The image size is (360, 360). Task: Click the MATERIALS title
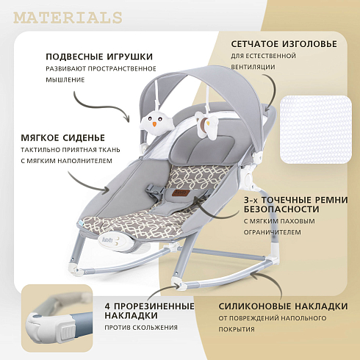(x=68, y=18)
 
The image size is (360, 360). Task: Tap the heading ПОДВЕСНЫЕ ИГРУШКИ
(x=99, y=57)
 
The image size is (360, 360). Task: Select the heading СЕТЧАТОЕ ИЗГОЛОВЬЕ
(x=284, y=44)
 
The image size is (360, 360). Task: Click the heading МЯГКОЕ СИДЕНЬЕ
(x=63, y=138)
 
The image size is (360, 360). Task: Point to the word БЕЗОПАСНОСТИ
(x=281, y=209)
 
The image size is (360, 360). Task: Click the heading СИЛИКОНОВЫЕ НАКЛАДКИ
(x=283, y=306)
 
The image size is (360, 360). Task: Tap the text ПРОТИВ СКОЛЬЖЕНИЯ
(x=141, y=328)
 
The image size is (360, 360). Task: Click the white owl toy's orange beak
(x=154, y=124)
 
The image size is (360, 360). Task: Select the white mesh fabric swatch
(x=316, y=129)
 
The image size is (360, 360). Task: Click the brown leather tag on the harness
(x=180, y=192)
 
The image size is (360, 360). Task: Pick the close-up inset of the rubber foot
(x=57, y=318)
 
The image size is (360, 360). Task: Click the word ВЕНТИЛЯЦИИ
(x=253, y=67)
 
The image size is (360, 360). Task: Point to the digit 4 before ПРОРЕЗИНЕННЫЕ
(x=107, y=306)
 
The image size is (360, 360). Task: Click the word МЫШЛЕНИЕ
(x=65, y=79)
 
